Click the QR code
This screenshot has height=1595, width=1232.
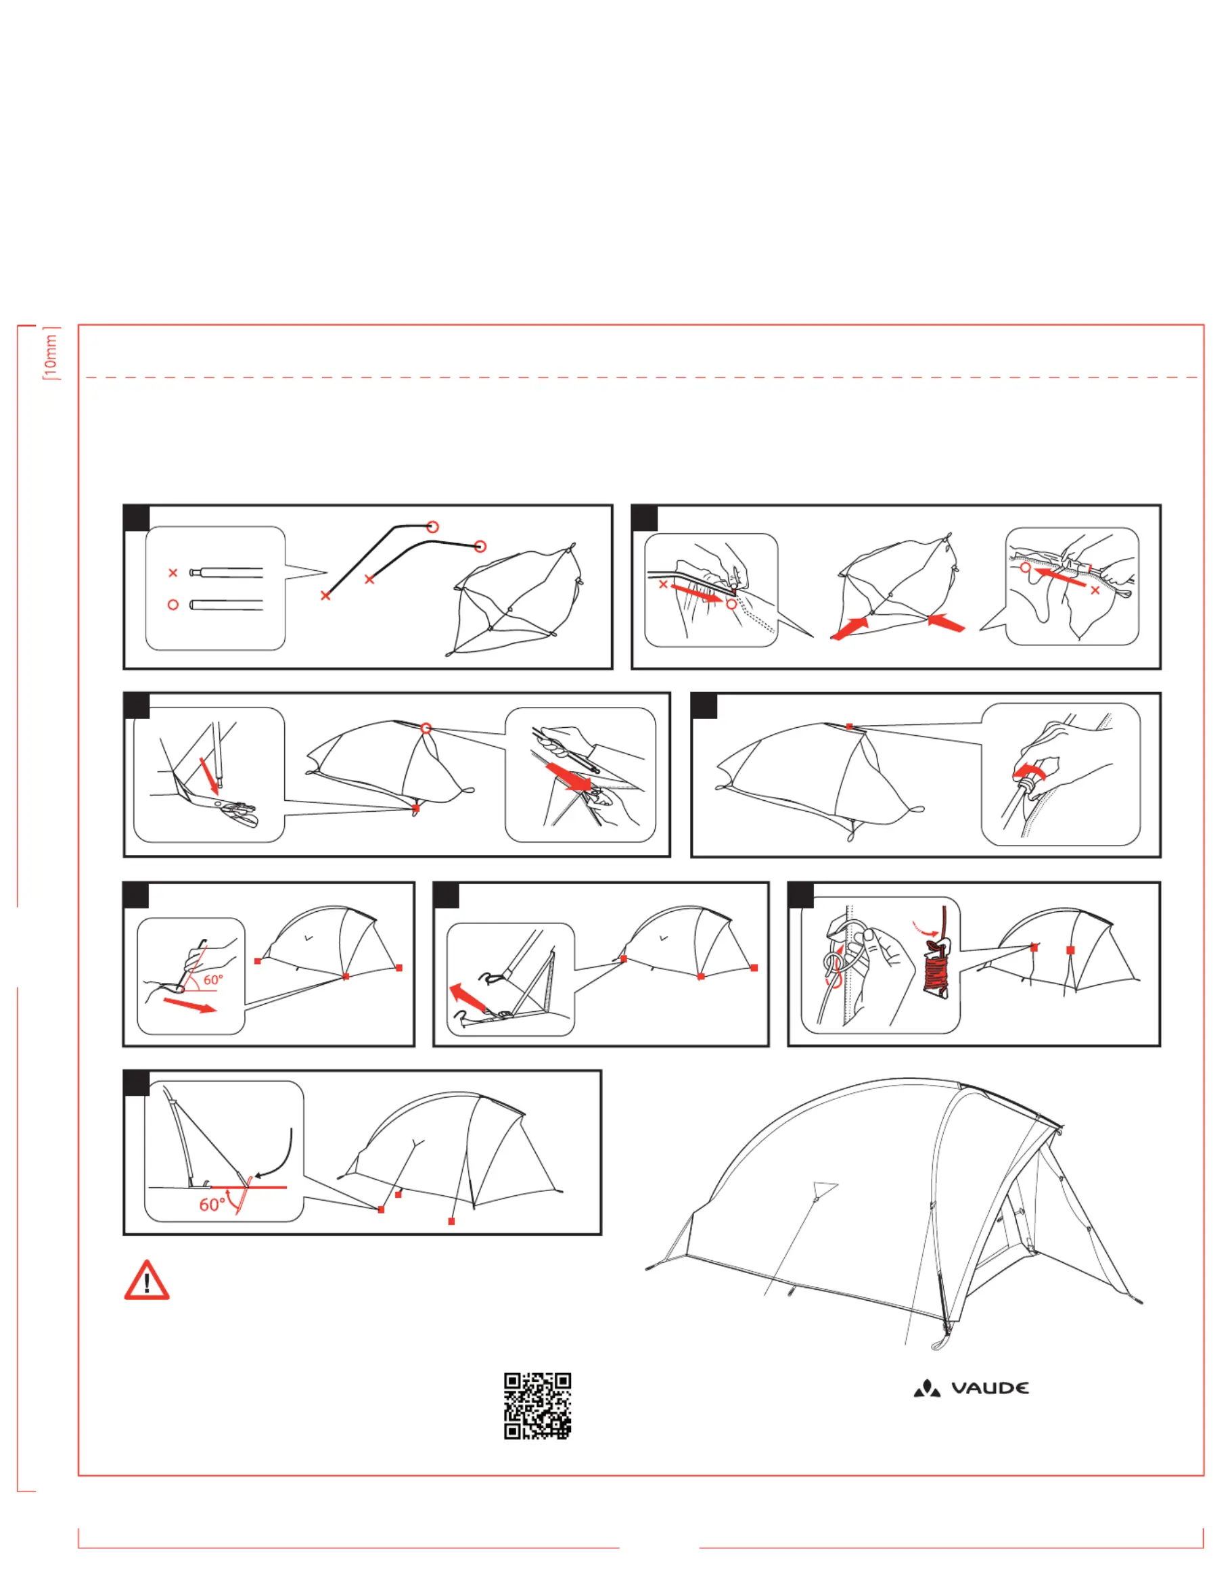coord(537,1405)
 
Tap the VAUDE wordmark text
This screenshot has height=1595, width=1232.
coord(990,1387)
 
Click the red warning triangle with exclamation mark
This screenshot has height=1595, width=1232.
coord(147,1281)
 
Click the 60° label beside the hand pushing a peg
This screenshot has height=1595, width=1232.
coord(212,979)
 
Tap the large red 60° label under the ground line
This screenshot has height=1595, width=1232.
coord(212,1204)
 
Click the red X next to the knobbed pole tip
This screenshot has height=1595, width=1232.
coord(173,572)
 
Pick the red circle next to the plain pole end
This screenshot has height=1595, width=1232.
coord(173,605)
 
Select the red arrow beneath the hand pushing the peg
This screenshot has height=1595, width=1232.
coord(189,1006)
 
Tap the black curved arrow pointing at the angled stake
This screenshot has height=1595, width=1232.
coord(278,1157)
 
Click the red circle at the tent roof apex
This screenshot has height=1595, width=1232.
coord(426,728)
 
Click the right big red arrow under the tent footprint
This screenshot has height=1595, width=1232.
coord(947,623)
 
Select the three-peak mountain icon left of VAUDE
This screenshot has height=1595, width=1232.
coord(927,1387)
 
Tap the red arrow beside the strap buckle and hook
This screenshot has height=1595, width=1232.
coord(468,997)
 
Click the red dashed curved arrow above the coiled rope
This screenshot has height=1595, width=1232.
coord(926,928)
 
